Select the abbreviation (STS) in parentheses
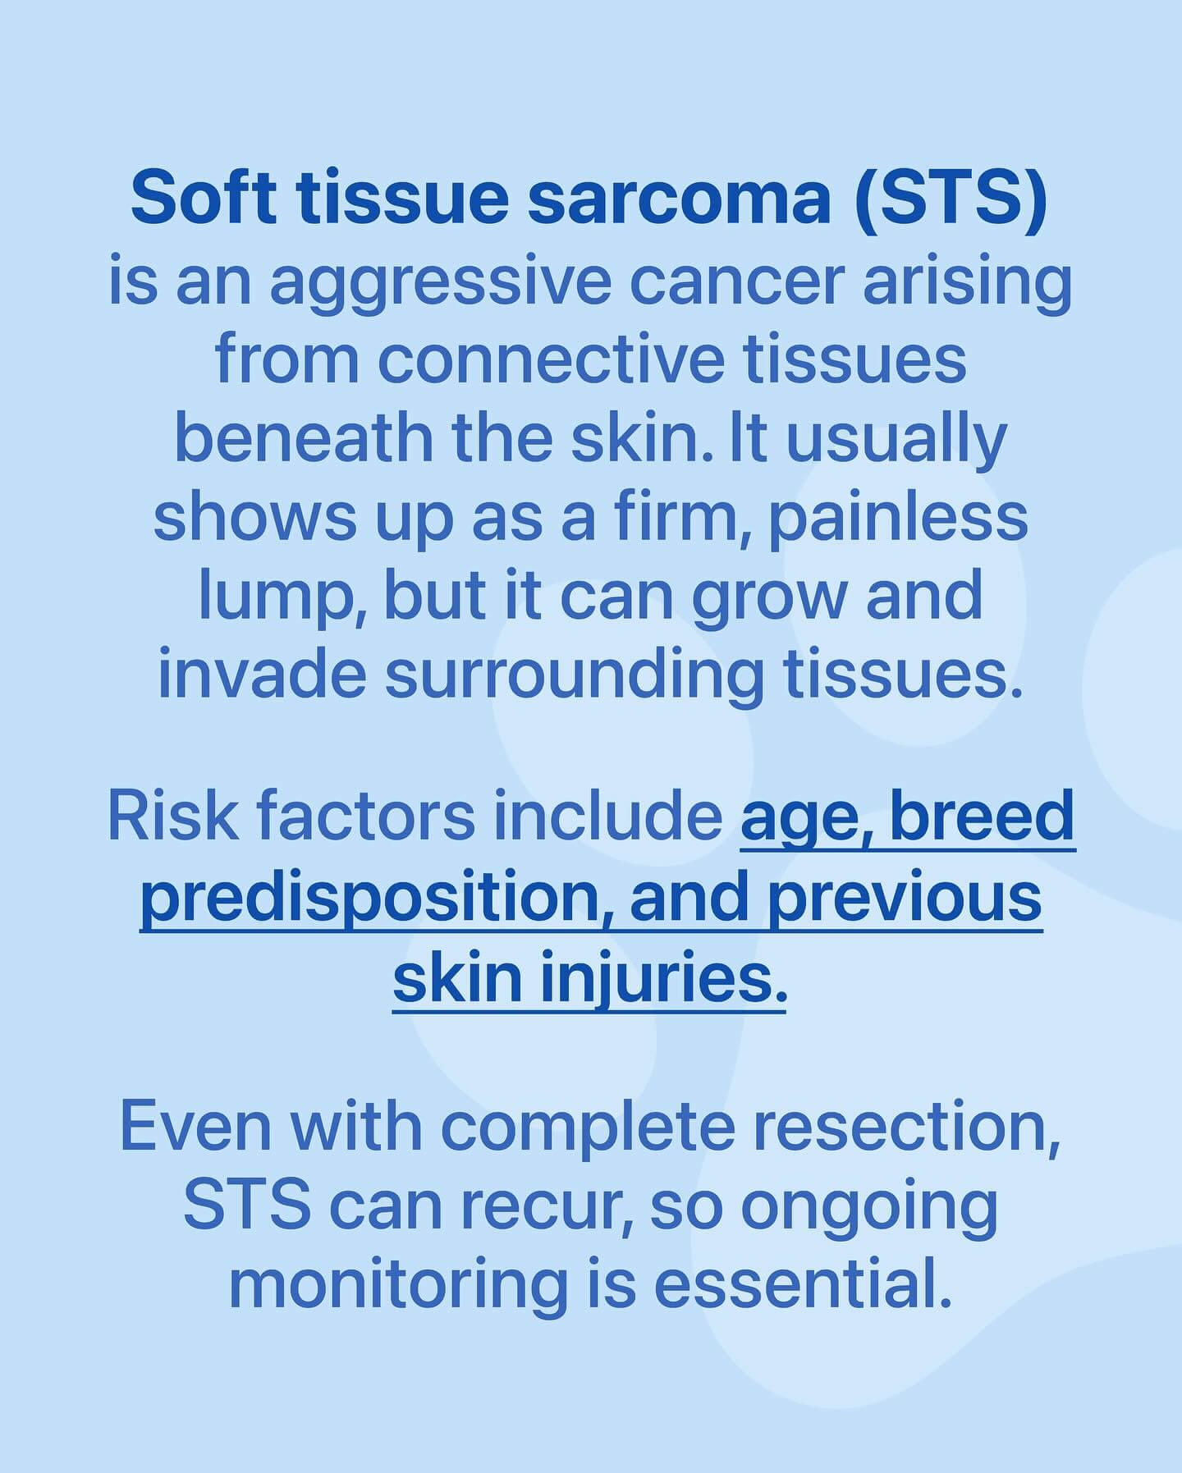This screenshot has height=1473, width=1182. [x=951, y=199]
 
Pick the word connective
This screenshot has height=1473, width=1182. [x=552, y=360]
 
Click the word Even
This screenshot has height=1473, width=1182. [x=195, y=1128]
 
